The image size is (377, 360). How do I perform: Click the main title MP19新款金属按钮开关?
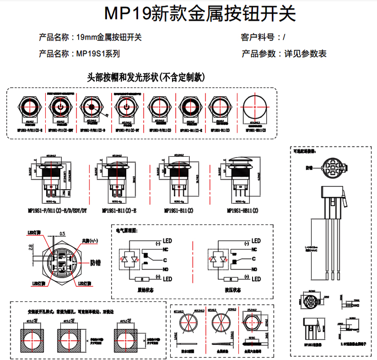(200, 14)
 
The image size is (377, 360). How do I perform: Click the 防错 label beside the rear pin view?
(95, 263)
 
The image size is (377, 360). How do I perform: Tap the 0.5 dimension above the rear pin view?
(63, 234)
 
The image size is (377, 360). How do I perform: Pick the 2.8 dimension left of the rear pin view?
(31, 246)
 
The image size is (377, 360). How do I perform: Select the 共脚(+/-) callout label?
(90, 241)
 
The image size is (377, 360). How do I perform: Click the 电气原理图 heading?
(126, 231)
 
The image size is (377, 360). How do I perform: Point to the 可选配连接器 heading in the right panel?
(304, 152)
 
